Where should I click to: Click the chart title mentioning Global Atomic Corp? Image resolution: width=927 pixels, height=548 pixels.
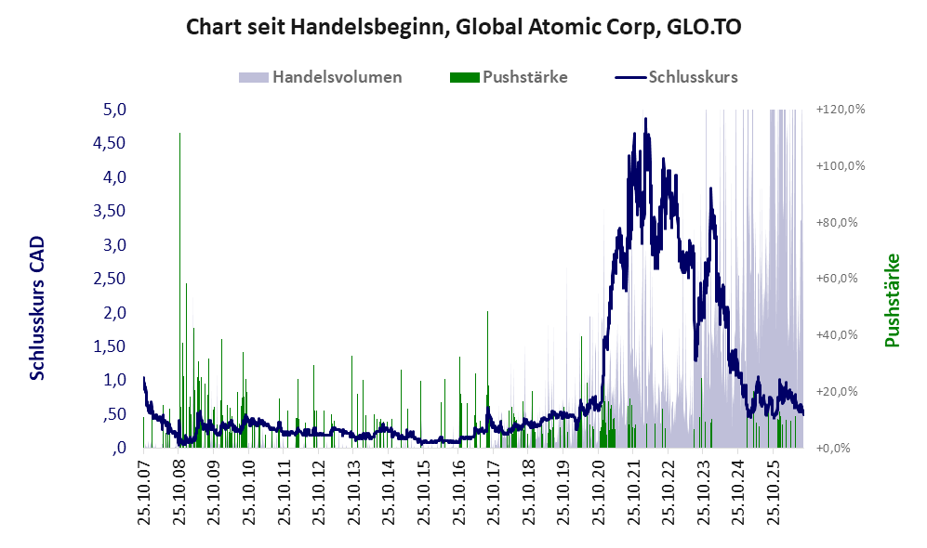click(463, 27)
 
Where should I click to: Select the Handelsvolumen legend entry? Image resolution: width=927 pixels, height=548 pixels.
click(321, 77)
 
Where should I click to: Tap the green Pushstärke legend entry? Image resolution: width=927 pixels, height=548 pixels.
click(509, 77)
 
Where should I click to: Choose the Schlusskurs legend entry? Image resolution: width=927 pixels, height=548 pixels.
click(676, 77)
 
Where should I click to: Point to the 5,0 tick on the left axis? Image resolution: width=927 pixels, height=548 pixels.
click(114, 110)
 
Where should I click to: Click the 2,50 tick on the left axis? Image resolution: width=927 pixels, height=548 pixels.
click(110, 278)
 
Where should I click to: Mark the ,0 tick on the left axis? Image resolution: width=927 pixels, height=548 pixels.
click(119, 447)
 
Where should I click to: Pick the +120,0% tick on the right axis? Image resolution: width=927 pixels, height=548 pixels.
click(841, 110)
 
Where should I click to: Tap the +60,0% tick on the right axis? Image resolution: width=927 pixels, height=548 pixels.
click(837, 278)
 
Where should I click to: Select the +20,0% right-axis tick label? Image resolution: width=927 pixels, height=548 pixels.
click(837, 391)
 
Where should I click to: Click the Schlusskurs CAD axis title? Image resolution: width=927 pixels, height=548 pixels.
click(36, 308)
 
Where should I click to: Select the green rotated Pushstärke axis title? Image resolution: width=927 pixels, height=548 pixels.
click(892, 300)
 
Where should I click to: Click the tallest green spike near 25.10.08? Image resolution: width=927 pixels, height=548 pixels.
click(179, 290)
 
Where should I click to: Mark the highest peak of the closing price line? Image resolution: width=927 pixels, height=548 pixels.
click(645, 119)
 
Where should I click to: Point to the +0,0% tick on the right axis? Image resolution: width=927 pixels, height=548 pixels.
click(834, 448)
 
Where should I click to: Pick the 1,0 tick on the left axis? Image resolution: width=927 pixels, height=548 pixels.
click(114, 380)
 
